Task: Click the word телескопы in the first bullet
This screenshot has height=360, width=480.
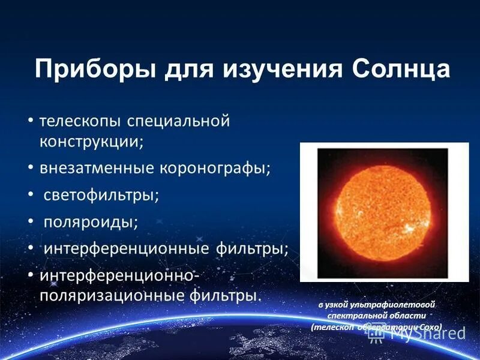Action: pyautogui.click(x=80, y=121)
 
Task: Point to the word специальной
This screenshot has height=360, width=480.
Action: pyautogui.click(x=178, y=121)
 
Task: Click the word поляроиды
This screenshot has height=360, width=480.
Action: pyautogui.click(x=91, y=222)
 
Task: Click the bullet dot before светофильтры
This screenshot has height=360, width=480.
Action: pyautogui.click(x=30, y=194)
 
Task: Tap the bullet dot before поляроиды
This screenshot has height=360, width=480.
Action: pyautogui.click(x=30, y=221)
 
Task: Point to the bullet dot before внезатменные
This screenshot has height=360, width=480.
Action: pyautogui.click(x=30, y=167)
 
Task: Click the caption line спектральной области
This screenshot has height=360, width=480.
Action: pyautogui.click(x=377, y=316)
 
